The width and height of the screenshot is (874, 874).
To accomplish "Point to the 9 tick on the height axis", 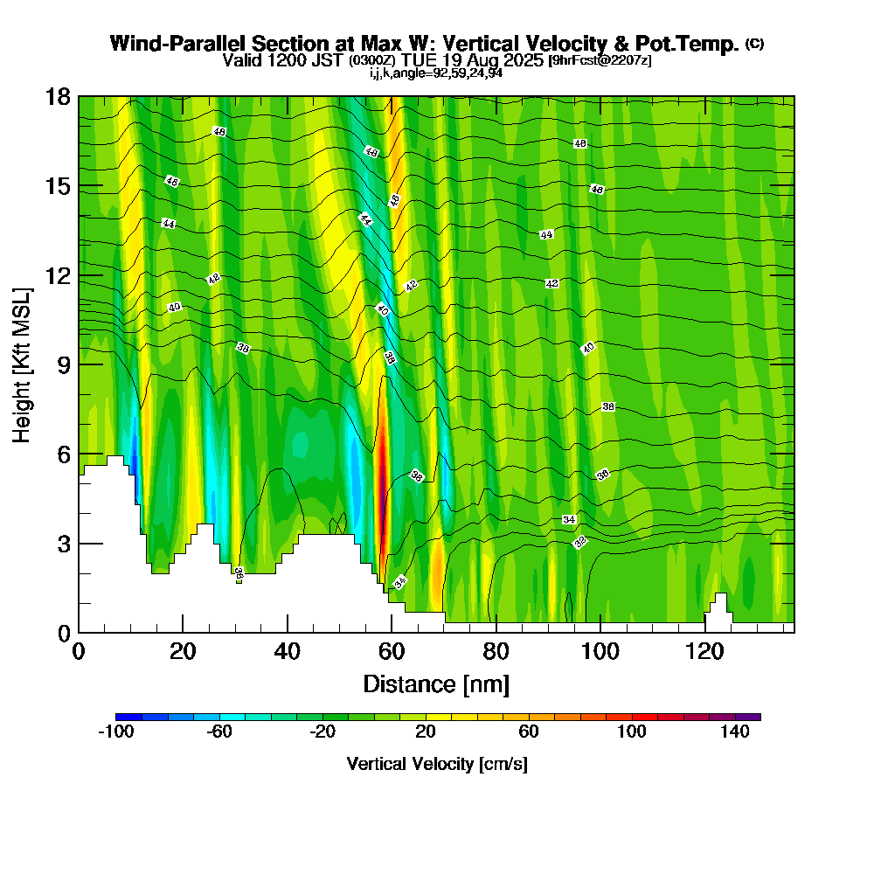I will tap(79, 364).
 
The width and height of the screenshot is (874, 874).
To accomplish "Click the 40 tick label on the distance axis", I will tap(287, 652).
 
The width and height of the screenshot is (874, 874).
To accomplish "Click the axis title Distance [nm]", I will tap(436, 683).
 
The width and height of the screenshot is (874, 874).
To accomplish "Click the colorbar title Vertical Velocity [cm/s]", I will tap(436, 764).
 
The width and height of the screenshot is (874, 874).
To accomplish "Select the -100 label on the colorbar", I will tap(116, 732).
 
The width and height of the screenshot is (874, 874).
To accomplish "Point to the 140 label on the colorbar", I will tap(735, 732).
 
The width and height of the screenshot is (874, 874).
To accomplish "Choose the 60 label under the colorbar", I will tap(529, 732).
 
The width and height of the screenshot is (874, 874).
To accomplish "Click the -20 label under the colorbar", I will tap(323, 732).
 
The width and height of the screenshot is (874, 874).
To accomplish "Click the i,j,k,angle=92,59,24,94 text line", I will tap(436, 73).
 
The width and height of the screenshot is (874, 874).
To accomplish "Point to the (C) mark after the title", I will tap(754, 44).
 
